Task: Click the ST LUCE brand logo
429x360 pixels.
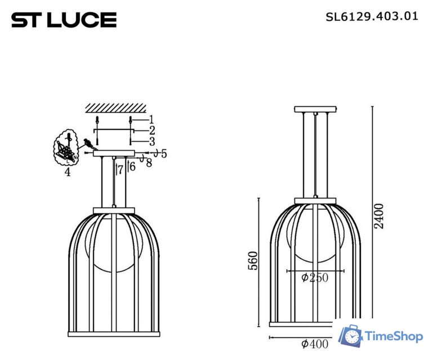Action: [64, 20]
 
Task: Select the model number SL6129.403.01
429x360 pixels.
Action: [372, 16]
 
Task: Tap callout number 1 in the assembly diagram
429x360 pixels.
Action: [151, 119]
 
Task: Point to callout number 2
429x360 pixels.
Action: [151, 130]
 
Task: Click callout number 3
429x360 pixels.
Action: [151, 141]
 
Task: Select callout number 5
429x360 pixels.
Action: [163, 153]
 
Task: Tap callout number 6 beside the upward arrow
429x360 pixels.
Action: [132, 166]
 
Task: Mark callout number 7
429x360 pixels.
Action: [120, 170]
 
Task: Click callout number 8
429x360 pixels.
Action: [149, 163]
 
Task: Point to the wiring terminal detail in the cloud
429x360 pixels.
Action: [66, 148]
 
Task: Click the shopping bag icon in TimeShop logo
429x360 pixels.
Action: [351, 336]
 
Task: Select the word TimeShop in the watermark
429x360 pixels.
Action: [394, 337]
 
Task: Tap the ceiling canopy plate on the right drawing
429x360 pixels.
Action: [315, 109]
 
